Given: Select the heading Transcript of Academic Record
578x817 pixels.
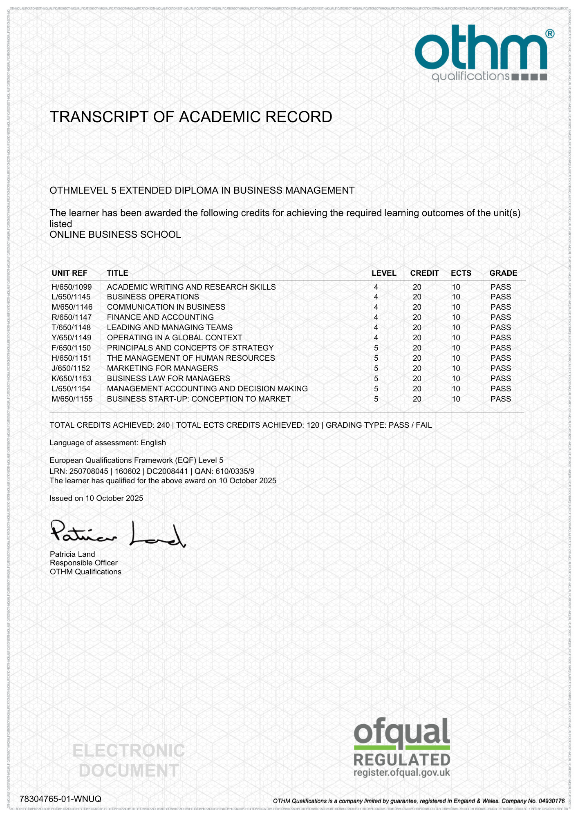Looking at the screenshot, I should [x=190, y=117].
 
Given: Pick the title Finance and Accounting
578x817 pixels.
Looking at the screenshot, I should [x=160, y=317].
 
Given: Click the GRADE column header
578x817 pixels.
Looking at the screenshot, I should [x=503, y=273].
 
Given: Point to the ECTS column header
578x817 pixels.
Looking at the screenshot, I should [x=461, y=273].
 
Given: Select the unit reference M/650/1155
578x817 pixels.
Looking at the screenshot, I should [x=72, y=399].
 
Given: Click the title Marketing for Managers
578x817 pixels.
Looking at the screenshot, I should [x=162, y=368].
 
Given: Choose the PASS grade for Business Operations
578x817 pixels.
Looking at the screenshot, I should [x=501, y=297].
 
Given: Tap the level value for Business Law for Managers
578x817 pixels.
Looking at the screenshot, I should [x=376, y=379].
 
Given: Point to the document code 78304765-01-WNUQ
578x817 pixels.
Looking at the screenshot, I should [x=60, y=799].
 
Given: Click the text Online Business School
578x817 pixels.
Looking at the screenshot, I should [x=115, y=235].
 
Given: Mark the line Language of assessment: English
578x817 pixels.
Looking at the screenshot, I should [x=108, y=443].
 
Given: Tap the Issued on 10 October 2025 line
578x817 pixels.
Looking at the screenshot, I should [x=96, y=498].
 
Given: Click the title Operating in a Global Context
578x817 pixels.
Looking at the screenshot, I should [x=175, y=338].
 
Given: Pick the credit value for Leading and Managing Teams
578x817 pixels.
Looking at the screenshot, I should [x=417, y=328].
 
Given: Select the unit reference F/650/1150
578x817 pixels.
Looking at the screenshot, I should [x=71, y=348].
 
